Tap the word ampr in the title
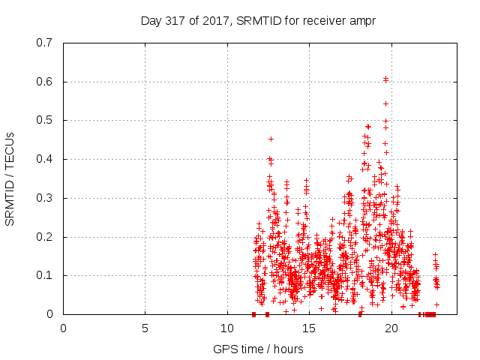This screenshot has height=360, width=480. coord(362,21)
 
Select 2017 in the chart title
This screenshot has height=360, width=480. coord(219,21)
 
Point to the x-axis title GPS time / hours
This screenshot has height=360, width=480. coord(258,349)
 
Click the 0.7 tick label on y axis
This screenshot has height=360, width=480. coord(45,43)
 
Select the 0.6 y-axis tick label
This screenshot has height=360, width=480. coord(45,82)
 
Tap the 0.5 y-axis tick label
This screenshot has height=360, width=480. coord(45,121)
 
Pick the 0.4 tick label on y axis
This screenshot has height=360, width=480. coord(45,159)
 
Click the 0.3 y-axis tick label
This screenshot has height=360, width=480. coord(45,198)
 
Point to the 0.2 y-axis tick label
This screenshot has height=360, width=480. coord(45,237)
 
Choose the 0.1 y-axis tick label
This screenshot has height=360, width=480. coord(45,276)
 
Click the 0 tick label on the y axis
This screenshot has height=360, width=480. coord(50,314)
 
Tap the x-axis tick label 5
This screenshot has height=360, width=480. coord(145,328)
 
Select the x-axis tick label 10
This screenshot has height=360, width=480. coord(226,328)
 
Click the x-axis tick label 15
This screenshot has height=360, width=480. coord(308,328)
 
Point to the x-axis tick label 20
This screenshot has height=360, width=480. coord(390,328)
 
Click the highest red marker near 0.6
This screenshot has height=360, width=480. coord(385,78)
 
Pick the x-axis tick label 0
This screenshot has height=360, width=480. coord(63,328)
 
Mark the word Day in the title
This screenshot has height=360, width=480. coord(151,21)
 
